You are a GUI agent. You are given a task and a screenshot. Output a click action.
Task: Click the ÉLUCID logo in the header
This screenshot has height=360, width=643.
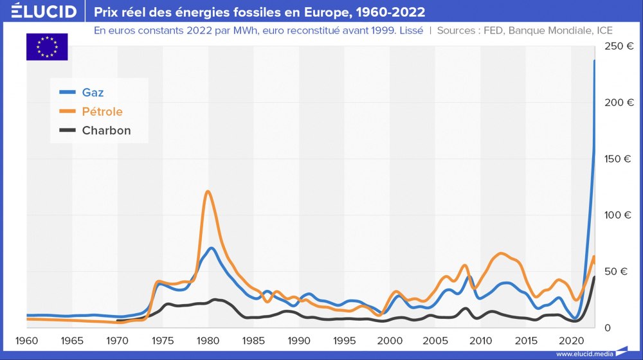point(39,12)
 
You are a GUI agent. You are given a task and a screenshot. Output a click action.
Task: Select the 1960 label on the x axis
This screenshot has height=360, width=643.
point(26,340)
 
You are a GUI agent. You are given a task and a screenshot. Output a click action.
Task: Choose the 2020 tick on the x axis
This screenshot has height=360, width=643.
point(572,340)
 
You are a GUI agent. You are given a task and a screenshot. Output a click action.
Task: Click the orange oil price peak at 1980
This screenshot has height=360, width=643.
point(207,191)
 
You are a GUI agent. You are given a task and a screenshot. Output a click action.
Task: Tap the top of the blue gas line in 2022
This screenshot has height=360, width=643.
point(595,61)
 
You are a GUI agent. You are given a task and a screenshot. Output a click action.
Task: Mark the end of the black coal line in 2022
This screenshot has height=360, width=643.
point(594,277)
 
